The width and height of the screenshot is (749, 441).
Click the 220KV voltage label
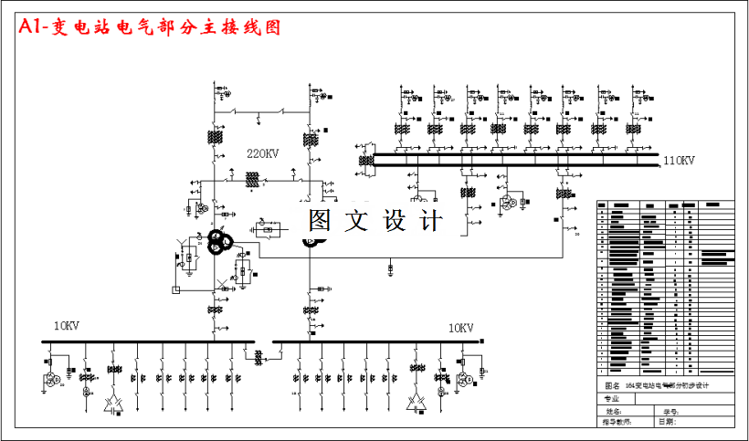[262, 153]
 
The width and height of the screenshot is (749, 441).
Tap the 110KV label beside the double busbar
[679, 162]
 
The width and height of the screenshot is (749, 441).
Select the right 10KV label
[460, 327]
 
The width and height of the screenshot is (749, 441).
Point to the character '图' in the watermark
[320, 220]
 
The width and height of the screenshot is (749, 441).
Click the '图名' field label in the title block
[613, 386]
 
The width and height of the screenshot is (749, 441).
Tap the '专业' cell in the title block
[612, 399]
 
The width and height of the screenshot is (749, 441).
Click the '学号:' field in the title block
[671, 412]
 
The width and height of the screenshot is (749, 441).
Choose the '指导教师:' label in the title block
[617, 422]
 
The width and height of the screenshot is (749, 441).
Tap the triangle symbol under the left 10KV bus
[113, 402]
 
